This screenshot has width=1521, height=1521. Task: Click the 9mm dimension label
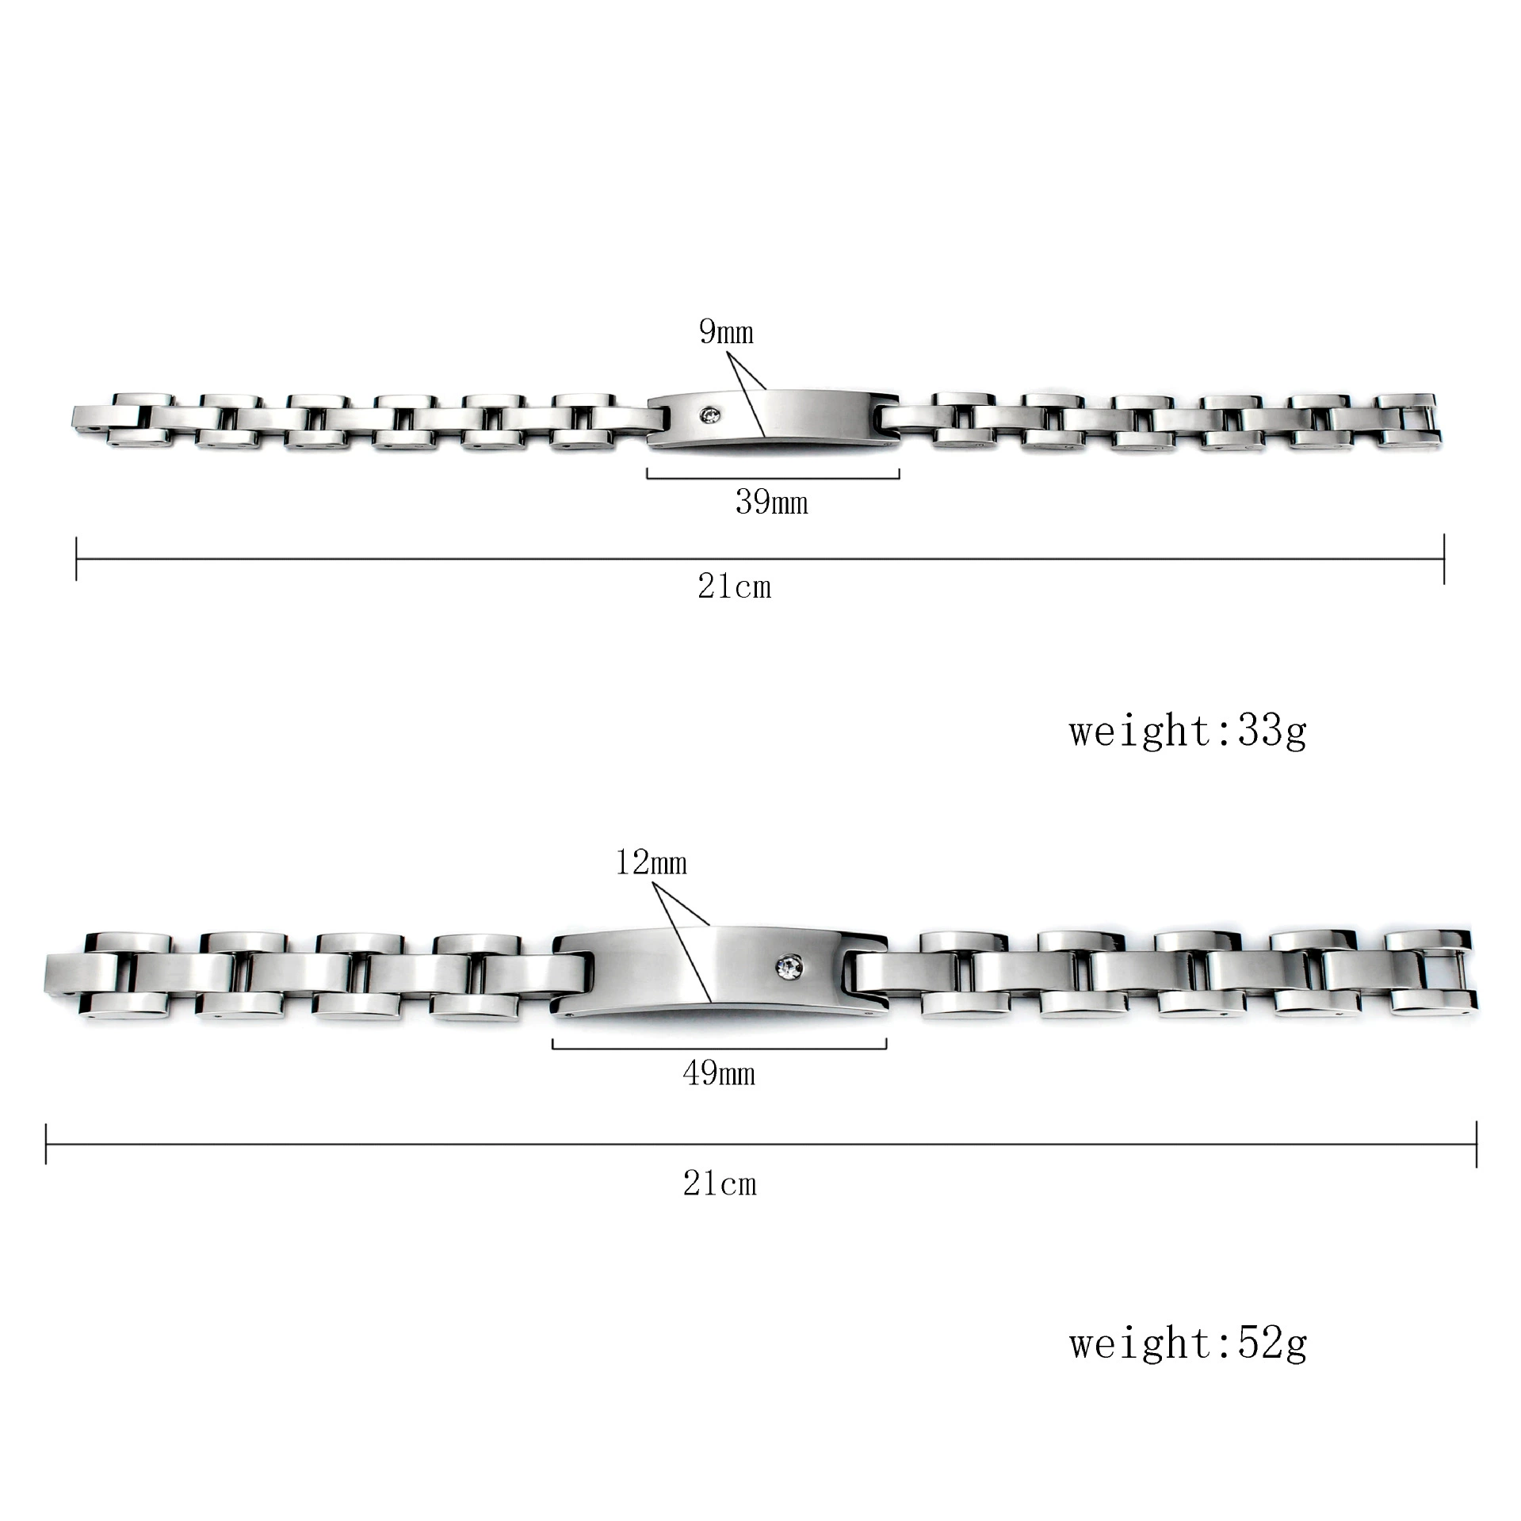click(726, 332)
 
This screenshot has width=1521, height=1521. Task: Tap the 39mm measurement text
click(772, 503)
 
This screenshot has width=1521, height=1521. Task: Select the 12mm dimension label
click(651, 862)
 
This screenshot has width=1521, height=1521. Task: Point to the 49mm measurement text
click(719, 1074)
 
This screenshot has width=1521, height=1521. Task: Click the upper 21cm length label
click(734, 587)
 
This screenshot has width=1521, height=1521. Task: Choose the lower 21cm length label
click(720, 1184)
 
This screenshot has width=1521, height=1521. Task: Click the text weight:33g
click(1187, 731)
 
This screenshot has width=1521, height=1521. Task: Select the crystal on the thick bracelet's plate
click(791, 966)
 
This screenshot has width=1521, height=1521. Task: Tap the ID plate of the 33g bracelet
click(773, 420)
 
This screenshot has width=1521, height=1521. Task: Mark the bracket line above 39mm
click(773, 477)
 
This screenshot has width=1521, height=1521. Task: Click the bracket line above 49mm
click(719, 1048)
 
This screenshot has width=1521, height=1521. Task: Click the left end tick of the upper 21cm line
click(76, 559)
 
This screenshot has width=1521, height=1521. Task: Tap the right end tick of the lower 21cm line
click(1477, 1144)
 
